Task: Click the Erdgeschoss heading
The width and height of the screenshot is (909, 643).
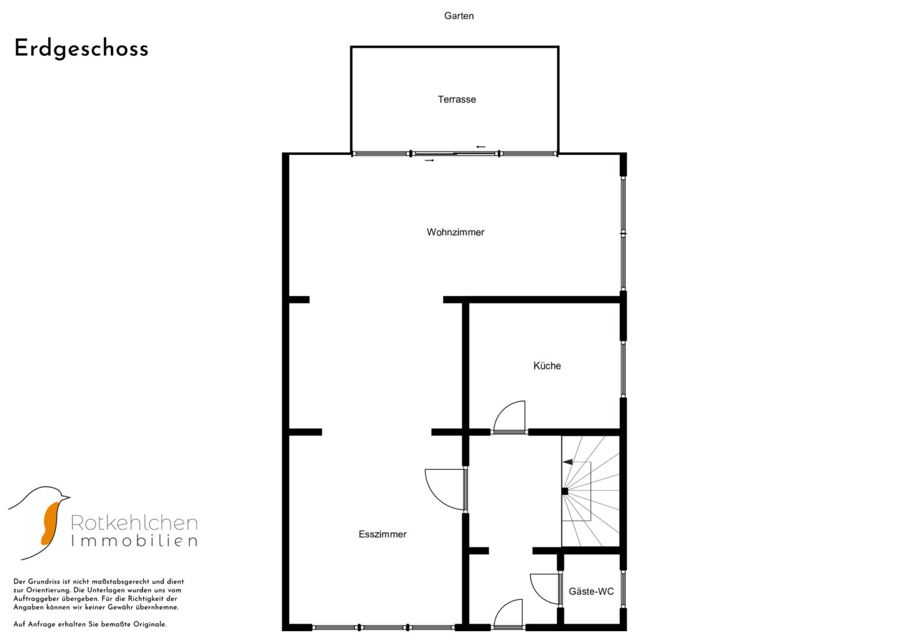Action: (81, 49)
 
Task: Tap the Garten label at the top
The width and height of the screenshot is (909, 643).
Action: (459, 16)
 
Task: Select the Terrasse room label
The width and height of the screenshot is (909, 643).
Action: (457, 99)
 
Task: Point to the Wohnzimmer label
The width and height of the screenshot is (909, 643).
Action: (455, 232)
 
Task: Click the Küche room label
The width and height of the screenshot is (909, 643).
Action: (547, 366)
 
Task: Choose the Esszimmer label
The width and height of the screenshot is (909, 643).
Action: (382, 534)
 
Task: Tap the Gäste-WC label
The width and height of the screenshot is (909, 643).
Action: (591, 591)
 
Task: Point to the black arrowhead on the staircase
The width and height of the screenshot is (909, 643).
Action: (567, 462)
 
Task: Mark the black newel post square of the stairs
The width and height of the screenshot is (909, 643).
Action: (564, 491)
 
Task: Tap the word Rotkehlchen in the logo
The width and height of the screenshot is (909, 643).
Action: (135, 523)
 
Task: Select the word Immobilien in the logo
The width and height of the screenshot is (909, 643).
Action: (135, 541)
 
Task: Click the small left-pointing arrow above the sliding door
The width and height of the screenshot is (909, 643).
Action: (481, 147)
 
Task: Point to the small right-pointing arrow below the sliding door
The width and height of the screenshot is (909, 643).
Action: (429, 160)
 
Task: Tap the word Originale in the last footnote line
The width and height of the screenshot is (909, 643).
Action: (150, 625)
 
